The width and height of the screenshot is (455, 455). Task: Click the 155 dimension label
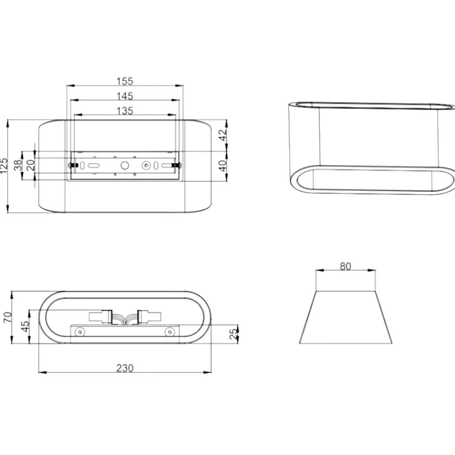[x=125, y=81]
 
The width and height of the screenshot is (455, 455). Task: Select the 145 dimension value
[x=125, y=96]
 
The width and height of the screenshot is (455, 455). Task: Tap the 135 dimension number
[x=125, y=111]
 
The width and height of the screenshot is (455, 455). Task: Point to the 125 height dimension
[x=4, y=166]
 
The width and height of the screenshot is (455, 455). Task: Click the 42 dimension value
[x=222, y=135]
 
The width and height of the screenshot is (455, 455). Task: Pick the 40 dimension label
[x=222, y=166]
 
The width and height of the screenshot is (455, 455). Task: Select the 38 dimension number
[x=18, y=166]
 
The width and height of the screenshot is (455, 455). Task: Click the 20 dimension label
[x=30, y=166]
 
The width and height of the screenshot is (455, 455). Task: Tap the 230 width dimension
[x=125, y=368]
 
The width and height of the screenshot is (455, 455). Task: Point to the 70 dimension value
[x=8, y=317]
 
